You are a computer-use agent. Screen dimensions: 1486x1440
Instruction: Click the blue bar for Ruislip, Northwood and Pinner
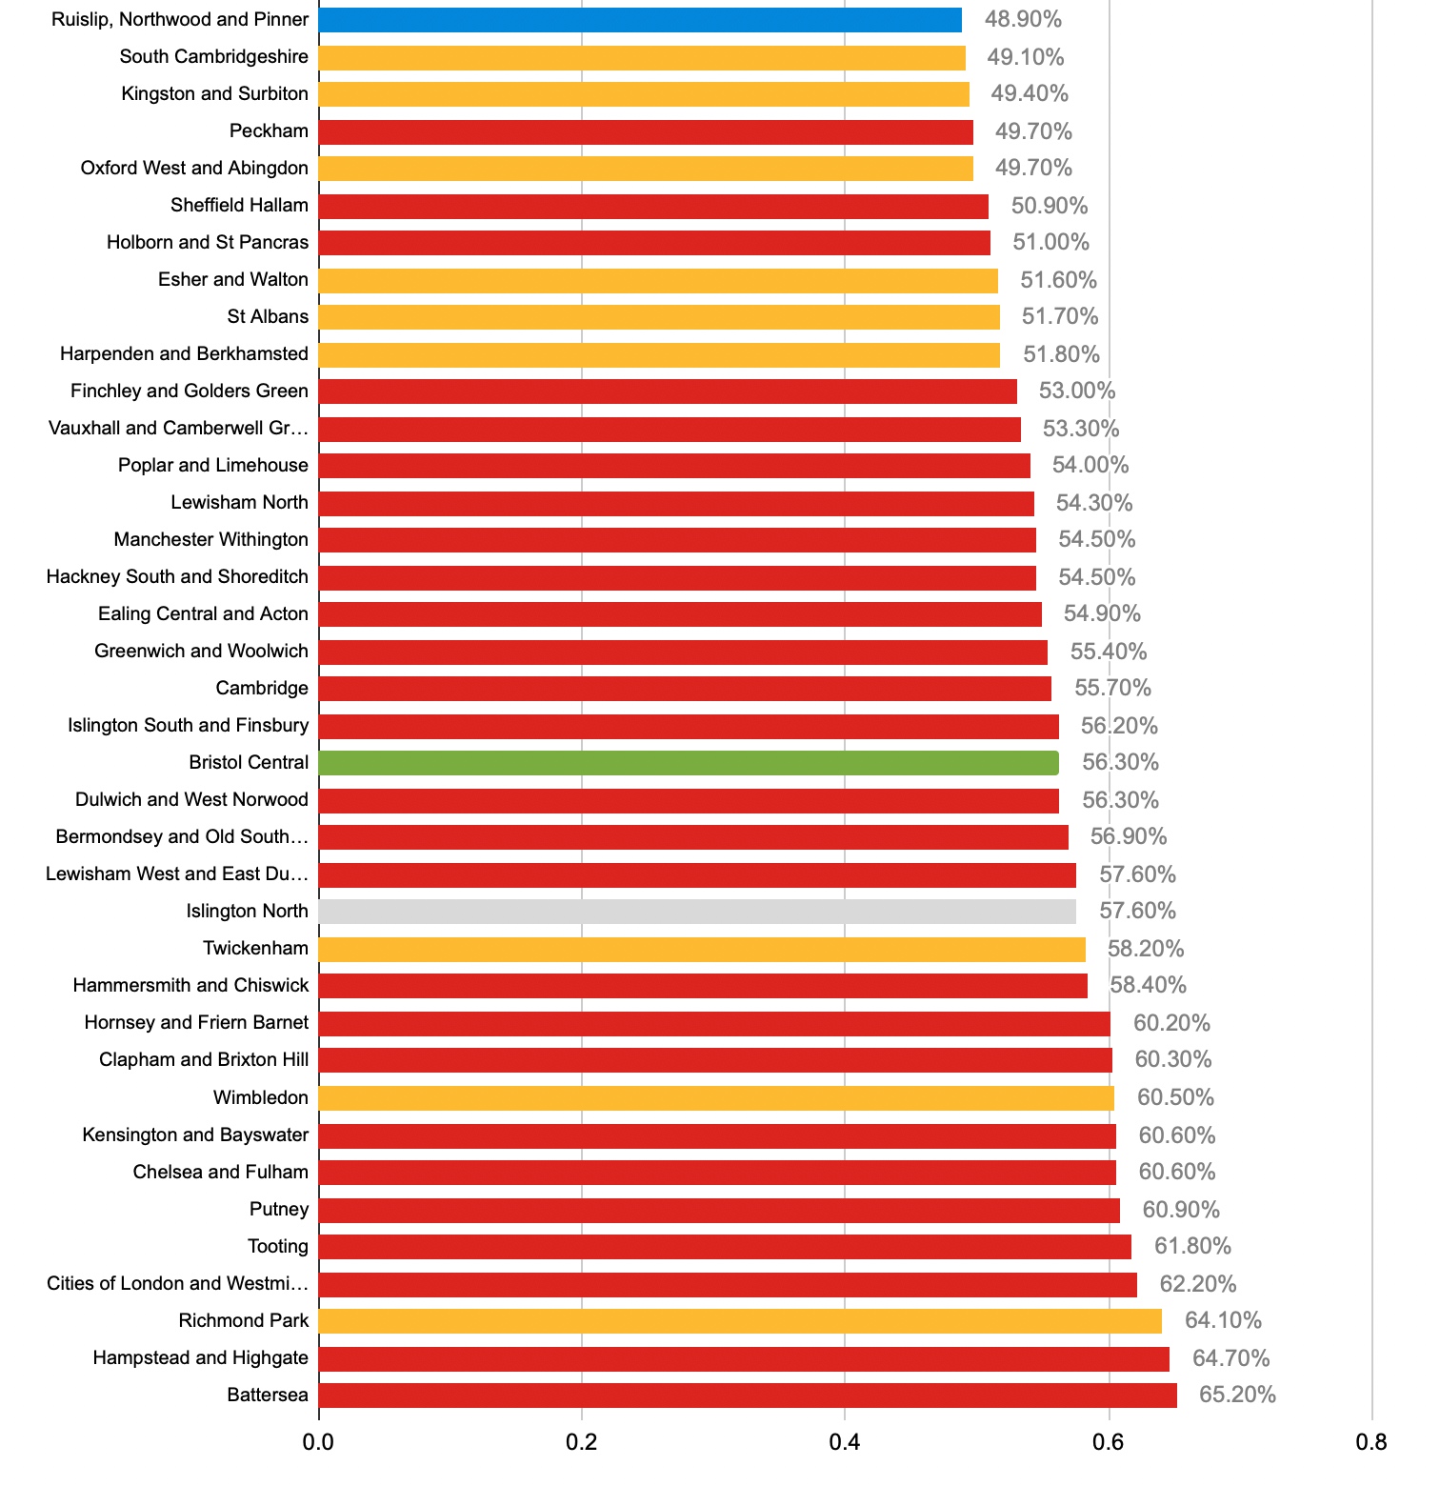(x=640, y=20)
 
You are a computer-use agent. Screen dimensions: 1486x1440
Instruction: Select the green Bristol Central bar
(x=689, y=763)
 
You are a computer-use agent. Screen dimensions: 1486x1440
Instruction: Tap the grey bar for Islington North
(x=697, y=912)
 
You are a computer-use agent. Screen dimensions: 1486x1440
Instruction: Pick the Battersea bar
(x=748, y=1396)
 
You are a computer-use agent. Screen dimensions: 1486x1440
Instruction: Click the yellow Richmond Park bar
(x=740, y=1321)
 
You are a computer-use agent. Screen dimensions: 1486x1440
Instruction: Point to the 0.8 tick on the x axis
(x=1371, y=1442)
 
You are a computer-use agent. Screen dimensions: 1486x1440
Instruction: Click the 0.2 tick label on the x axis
(x=581, y=1442)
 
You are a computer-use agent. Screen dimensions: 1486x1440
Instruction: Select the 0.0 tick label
(x=318, y=1442)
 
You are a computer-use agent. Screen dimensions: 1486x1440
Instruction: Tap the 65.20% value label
(x=1237, y=1395)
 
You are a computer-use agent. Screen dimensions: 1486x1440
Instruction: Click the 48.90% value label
(x=1023, y=19)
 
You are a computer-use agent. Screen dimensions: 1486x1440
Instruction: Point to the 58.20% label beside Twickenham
(x=1146, y=949)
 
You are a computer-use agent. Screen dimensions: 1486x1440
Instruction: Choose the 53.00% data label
(x=1077, y=391)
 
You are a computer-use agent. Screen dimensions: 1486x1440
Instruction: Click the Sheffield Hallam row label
(x=239, y=205)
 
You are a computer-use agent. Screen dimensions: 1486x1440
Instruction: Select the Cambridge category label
(x=262, y=688)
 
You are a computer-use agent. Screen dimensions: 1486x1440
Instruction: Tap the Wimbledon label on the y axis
(x=261, y=1097)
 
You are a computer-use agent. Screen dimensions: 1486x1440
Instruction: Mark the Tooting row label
(x=278, y=1246)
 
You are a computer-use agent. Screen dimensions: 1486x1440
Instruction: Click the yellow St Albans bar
(x=659, y=317)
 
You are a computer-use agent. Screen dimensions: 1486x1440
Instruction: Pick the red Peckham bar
(x=646, y=131)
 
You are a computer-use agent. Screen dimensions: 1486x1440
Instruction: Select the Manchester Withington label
(x=210, y=539)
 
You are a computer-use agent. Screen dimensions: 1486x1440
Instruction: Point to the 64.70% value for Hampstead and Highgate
(x=1231, y=1358)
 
